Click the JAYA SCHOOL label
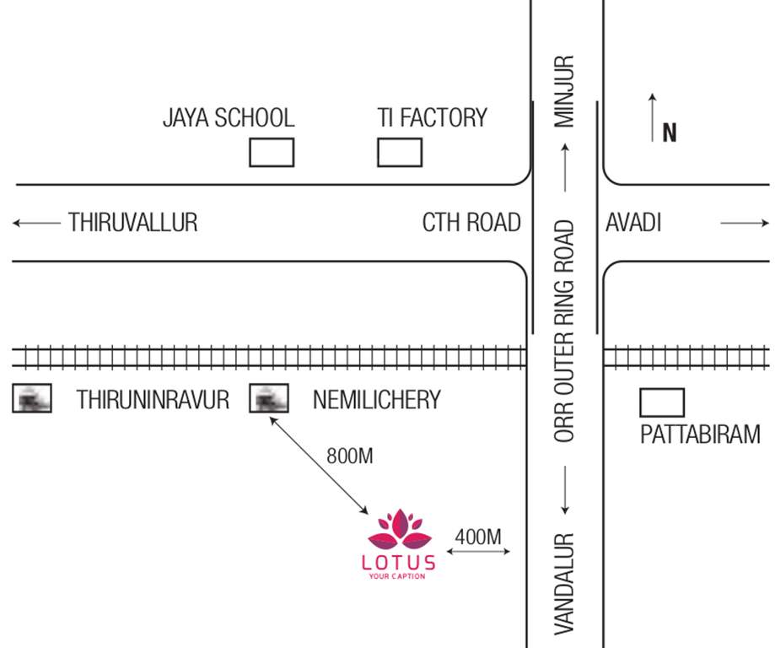(x=229, y=118)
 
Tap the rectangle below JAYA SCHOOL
(x=272, y=153)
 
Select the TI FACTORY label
(x=433, y=118)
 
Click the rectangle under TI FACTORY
(x=399, y=153)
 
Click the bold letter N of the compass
(x=670, y=133)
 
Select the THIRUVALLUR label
(x=132, y=223)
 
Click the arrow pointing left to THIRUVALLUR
(x=37, y=224)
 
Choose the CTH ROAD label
(x=471, y=223)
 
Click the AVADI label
(x=633, y=223)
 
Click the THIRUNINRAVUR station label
(x=153, y=399)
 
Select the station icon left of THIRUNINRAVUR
(x=32, y=398)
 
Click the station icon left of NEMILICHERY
(x=269, y=398)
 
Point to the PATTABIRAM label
(x=700, y=435)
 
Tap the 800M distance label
(x=349, y=456)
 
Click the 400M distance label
(x=478, y=536)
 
